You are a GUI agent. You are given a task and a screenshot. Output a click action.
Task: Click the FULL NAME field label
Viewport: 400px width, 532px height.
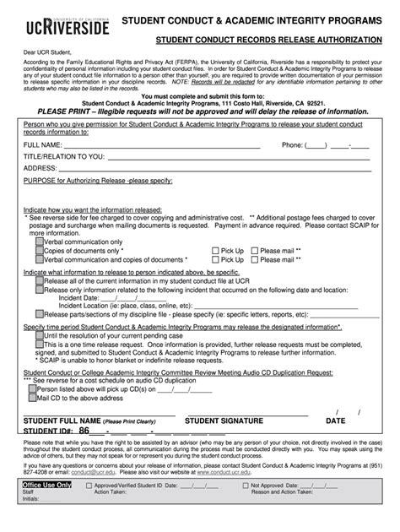tap(42, 144)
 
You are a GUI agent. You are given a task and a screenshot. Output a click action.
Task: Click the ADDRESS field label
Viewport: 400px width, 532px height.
tap(40, 168)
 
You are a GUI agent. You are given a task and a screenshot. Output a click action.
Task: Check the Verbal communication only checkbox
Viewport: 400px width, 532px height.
tap(40, 241)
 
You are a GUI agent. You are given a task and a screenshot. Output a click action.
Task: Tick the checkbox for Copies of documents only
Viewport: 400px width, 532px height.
tap(40, 250)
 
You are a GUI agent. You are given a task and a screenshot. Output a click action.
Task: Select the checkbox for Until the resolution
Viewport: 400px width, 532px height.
tap(40, 336)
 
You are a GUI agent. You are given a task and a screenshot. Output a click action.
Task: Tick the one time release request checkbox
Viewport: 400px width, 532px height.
tap(40, 345)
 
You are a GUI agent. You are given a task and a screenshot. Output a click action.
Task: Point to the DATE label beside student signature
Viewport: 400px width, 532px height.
tap(335, 420)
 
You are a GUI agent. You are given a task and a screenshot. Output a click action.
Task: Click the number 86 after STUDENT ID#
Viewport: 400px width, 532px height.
tap(84, 430)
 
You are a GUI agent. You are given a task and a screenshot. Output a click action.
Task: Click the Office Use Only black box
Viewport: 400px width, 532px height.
tap(46, 510)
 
